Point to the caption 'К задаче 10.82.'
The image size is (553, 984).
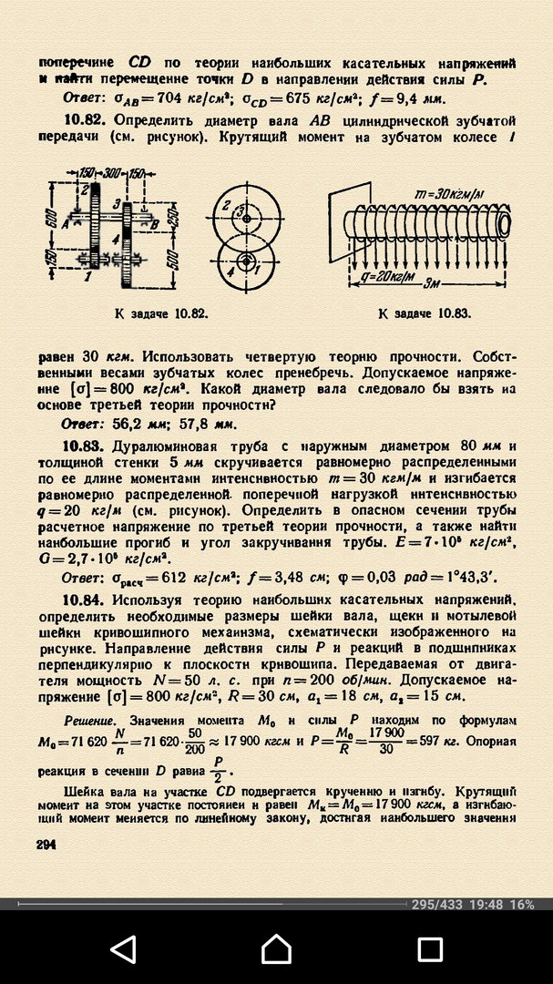162,313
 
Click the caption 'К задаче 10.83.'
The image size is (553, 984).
425,313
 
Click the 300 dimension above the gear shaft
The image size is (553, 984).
115,171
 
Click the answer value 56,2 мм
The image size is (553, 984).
139,425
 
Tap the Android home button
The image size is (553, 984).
276,949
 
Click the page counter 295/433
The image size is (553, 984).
438,905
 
